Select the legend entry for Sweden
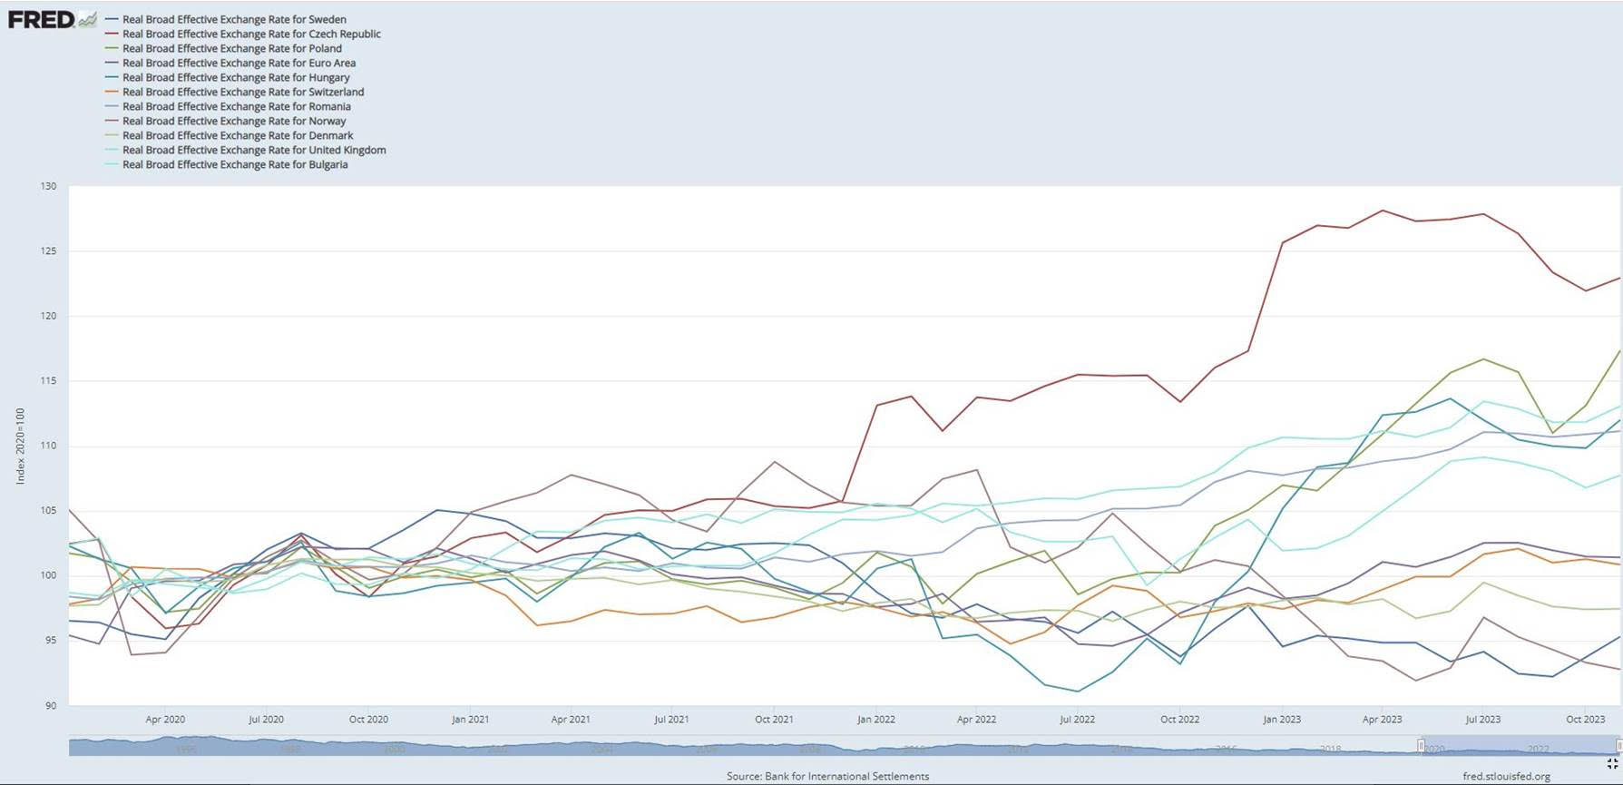[234, 19]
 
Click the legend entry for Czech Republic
[251, 34]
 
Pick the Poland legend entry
[232, 48]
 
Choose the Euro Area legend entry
[239, 63]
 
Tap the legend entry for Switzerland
[243, 92]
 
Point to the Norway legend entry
[234, 121]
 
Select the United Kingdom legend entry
[254, 150]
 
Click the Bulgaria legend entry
[235, 164]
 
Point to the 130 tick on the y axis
[48, 186]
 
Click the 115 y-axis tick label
[48, 381]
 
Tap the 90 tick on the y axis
[50, 705]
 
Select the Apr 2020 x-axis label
[165, 719]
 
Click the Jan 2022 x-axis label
[875, 719]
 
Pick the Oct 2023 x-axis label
[1585, 719]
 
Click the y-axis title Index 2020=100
[20, 446]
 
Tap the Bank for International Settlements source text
[827, 776]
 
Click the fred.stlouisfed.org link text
[1506, 776]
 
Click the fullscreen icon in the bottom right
[1612, 764]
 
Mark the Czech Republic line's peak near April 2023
[1383, 211]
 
